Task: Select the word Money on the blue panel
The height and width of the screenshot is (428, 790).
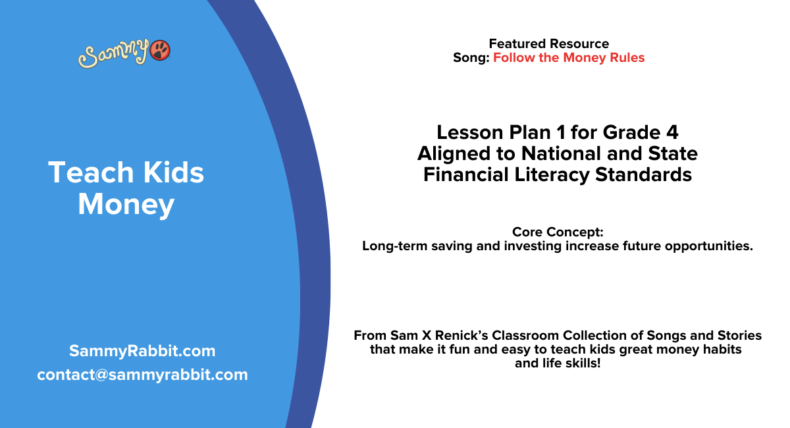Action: [x=126, y=204]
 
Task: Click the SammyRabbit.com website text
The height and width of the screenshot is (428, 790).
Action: [x=142, y=351]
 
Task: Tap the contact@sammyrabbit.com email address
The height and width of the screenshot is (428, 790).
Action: [x=142, y=375]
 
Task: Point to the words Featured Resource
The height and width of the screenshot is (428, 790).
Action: [x=548, y=44]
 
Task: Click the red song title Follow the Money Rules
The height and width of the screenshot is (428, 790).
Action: [x=569, y=58]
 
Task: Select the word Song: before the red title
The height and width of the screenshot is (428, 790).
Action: [x=471, y=58]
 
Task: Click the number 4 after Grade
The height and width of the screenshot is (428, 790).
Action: [x=671, y=132]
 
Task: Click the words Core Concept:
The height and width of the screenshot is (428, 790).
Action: [x=557, y=232]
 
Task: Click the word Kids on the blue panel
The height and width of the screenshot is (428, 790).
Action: [x=169, y=173]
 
